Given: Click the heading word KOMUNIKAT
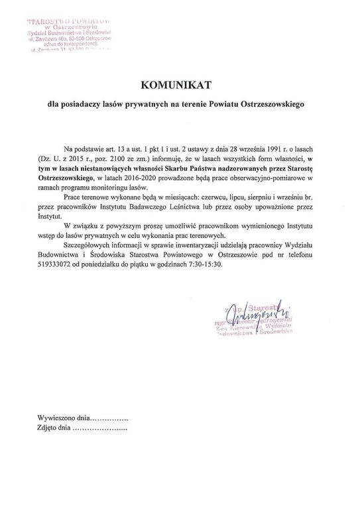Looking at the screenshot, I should (180, 85).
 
